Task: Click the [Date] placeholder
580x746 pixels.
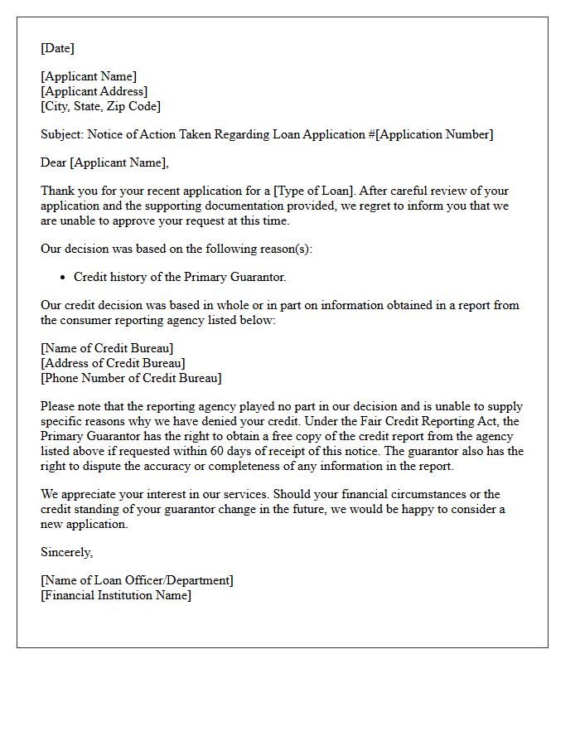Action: click(x=57, y=48)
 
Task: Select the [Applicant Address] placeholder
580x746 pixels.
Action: click(x=94, y=91)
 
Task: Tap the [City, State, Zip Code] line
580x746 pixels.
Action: click(x=100, y=106)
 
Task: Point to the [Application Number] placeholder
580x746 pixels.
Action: click(x=434, y=134)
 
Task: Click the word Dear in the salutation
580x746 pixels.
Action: click(x=54, y=162)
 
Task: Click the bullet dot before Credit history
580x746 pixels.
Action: click(x=64, y=278)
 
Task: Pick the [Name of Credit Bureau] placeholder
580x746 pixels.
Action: click(x=107, y=348)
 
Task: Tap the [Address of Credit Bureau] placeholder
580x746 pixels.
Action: click(x=113, y=363)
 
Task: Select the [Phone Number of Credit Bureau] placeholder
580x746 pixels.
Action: click(x=131, y=378)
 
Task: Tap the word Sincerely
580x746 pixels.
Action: click(x=66, y=552)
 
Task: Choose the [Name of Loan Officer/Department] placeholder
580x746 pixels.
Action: click(x=137, y=580)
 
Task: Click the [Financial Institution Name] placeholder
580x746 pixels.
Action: click(x=116, y=595)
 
